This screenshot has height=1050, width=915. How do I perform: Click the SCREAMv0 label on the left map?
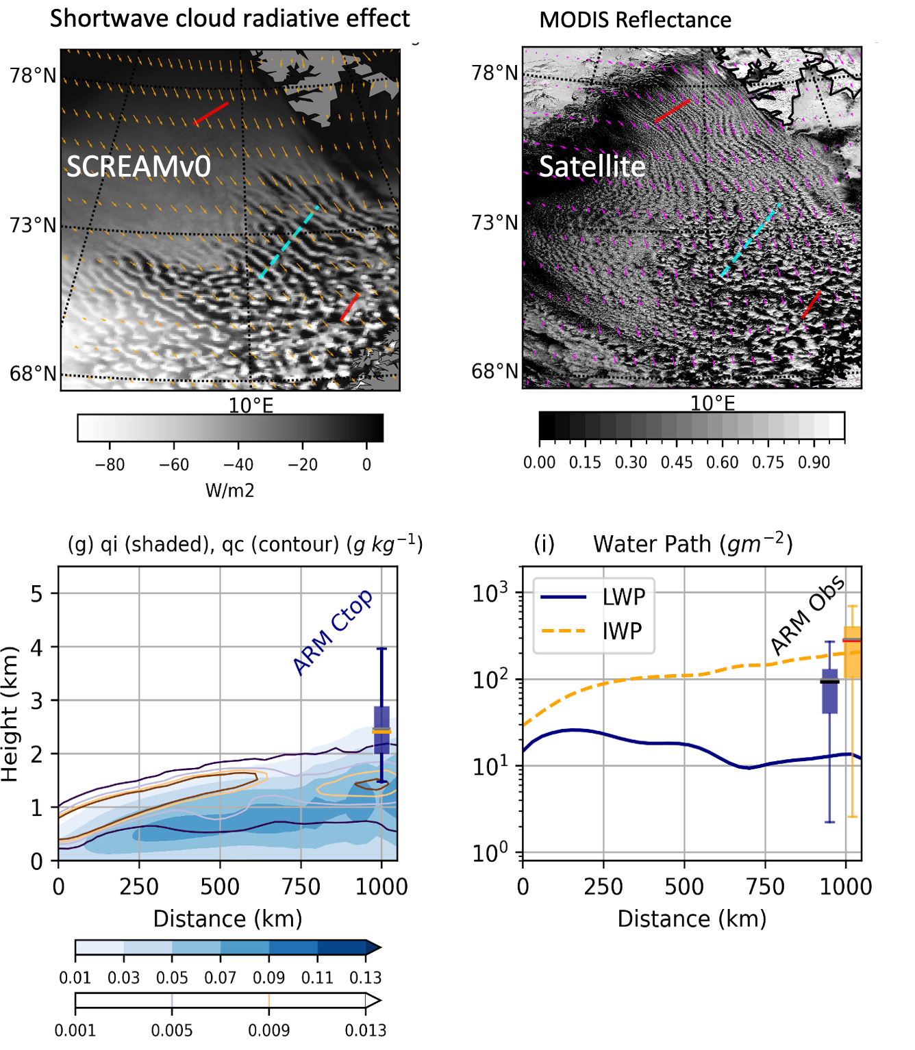click(x=138, y=166)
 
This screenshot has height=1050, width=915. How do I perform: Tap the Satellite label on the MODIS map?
click(x=592, y=166)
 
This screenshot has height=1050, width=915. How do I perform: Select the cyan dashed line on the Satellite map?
click(x=751, y=240)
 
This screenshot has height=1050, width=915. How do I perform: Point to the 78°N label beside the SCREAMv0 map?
click(x=32, y=75)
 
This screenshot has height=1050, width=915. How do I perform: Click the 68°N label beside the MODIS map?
click(x=494, y=371)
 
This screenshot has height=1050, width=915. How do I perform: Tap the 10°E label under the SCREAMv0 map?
click(x=251, y=405)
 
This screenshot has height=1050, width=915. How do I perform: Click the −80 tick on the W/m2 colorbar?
click(x=110, y=464)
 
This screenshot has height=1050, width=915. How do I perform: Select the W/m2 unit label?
click(x=229, y=490)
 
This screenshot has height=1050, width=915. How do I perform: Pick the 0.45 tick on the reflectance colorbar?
click(x=677, y=462)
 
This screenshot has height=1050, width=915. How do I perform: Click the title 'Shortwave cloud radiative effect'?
click(x=229, y=18)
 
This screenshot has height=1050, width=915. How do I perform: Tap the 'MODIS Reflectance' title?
click(x=635, y=20)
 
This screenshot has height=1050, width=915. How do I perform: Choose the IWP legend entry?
click(x=622, y=630)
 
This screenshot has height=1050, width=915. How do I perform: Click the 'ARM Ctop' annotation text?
click(x=333, y=631)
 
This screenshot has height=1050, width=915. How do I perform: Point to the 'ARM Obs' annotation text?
click(x=808, y=615)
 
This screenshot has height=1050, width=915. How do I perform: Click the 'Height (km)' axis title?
click(x=10, y=714)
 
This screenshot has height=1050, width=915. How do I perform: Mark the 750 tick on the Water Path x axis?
click(x=765, y=886)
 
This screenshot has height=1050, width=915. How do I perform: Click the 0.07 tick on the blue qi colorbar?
click(x=220, y=977)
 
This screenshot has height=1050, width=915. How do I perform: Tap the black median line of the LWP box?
click(x=829, y=681)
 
